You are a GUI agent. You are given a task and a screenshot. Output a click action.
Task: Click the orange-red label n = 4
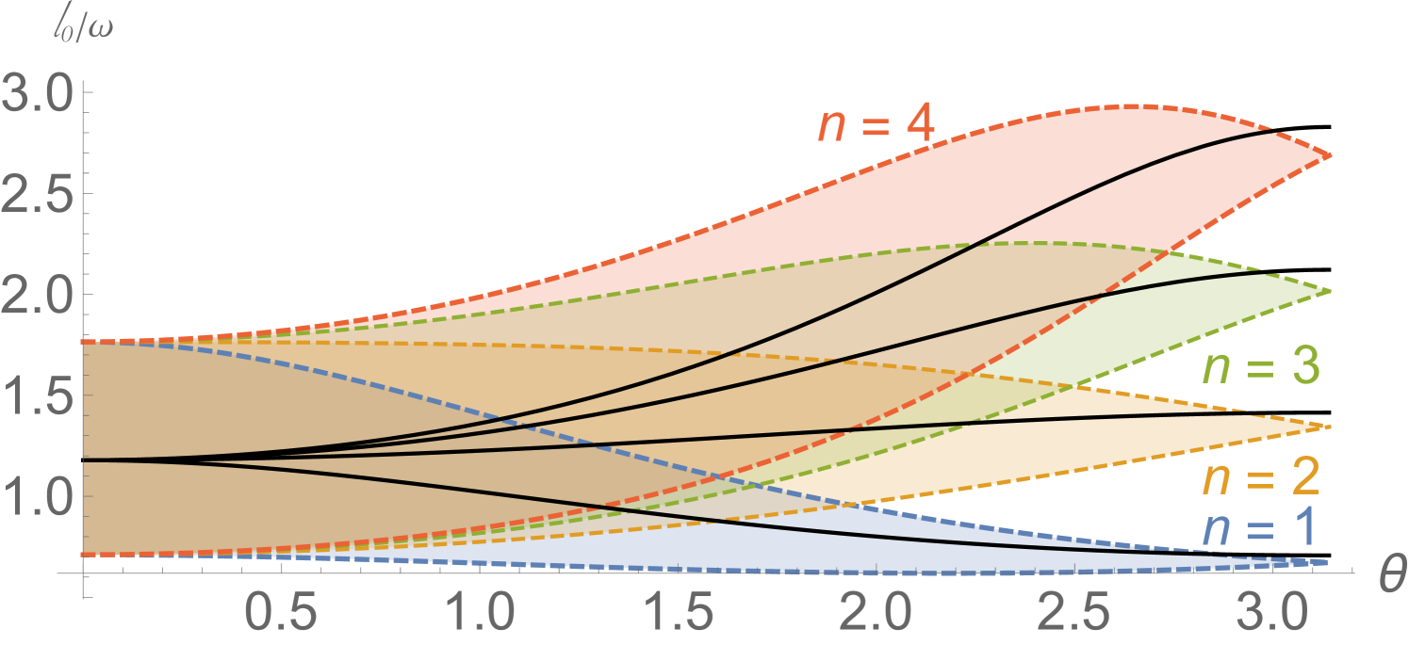[x=875, y=125]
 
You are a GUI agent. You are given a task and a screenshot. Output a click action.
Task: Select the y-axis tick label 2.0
[x=36, y=295]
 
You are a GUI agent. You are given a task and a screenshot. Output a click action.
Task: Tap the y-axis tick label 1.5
[x=36, y=395]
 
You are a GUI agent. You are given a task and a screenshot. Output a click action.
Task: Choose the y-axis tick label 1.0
[x=36, y=496]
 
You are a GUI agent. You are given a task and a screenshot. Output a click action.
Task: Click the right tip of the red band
[x=1330, y=156]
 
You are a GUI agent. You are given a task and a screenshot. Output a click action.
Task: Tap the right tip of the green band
[x=1330, y=291]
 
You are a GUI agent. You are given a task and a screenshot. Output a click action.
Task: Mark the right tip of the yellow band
[x=1330, y=427]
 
